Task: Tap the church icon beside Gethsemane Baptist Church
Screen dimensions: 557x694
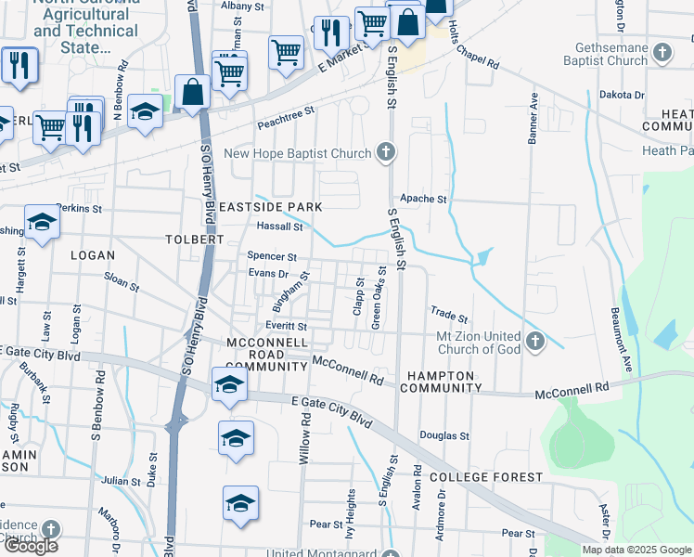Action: click(662, 53)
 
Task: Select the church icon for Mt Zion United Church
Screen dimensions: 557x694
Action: click(534, 343)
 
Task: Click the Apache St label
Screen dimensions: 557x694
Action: click(423, 199)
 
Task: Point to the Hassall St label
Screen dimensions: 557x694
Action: click(280, 226)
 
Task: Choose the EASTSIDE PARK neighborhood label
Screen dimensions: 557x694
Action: click(270, 206)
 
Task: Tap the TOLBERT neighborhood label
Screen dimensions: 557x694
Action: click(196, 240)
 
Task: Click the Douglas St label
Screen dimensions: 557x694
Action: click(444, 434)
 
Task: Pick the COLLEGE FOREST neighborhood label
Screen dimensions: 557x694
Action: click(486, 477)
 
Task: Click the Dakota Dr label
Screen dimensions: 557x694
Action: click(622, 95)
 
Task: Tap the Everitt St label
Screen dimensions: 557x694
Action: click(286, 327)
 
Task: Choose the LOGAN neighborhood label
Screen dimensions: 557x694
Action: click(92, 255)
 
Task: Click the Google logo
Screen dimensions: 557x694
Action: click(31, 546)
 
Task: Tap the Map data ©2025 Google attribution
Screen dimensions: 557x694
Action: click(636, 550)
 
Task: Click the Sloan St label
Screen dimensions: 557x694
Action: click(122, 282)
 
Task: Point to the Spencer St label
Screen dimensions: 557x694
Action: click(272, 256)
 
